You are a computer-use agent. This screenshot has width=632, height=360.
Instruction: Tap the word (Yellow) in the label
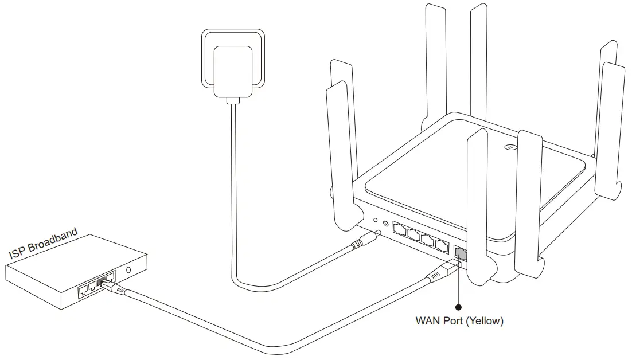click(484, 321)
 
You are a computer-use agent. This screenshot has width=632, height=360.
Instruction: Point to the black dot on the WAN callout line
click(458, 307)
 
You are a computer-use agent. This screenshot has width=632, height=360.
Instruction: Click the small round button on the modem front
click(128, 270)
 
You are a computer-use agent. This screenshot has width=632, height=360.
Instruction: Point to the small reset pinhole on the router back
click(375, 220)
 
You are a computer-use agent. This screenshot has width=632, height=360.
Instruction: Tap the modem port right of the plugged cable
click(110, 277)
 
